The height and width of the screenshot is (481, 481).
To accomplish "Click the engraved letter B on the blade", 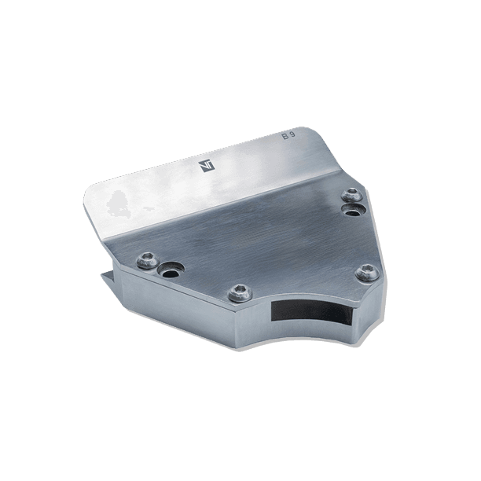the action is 285,137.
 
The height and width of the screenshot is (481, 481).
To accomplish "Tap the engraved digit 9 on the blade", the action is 292,135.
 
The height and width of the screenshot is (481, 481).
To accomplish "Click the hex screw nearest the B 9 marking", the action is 352,195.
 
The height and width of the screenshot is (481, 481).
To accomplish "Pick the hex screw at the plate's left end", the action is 148,260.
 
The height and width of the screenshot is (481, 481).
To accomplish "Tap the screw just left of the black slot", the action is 240,292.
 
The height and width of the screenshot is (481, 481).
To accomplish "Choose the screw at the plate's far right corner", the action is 367,272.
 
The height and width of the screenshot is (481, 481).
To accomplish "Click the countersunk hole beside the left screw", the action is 171,270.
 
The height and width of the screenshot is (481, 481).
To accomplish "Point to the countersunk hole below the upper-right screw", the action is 353,210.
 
